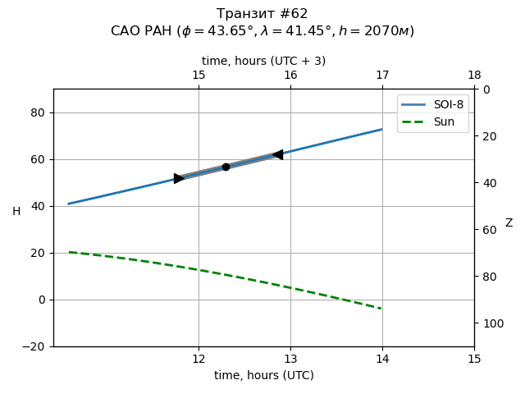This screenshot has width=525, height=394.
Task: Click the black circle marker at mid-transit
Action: pyautogui.click(x=226, y=167)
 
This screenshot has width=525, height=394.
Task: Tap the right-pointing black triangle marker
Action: pyautogui.click(x=179, y=178)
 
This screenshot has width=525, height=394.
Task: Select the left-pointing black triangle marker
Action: pyautogui.click(x=278, y=154)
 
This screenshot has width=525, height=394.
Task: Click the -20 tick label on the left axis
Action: pyautogui.click(x=36, y=346)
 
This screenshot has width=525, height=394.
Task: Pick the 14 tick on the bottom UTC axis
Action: pyautogui.click(x=382, y=359)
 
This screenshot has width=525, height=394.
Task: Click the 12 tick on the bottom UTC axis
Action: pyautogui.click(x=199, y=359)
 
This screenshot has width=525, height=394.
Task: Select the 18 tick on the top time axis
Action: pyautogui.click(x=474, y=76)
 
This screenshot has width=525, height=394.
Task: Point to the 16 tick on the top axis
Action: pyautogui.click(x=290, y=76)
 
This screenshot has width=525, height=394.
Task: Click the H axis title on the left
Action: pyautogui.click(x=16, y=212)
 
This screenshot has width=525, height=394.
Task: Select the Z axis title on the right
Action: pyautogui.click(x=509, y=223)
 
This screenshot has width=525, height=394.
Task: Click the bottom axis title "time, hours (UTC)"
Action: pyautogui.click(x=263, y=375)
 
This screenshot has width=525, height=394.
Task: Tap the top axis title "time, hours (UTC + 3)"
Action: pyautogui.click(x=263, y=61)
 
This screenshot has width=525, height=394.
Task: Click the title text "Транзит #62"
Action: pyautogui.click(x=262, y=14)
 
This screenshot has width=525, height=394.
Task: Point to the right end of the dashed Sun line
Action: pyautogui.click(x=382, y=309)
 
